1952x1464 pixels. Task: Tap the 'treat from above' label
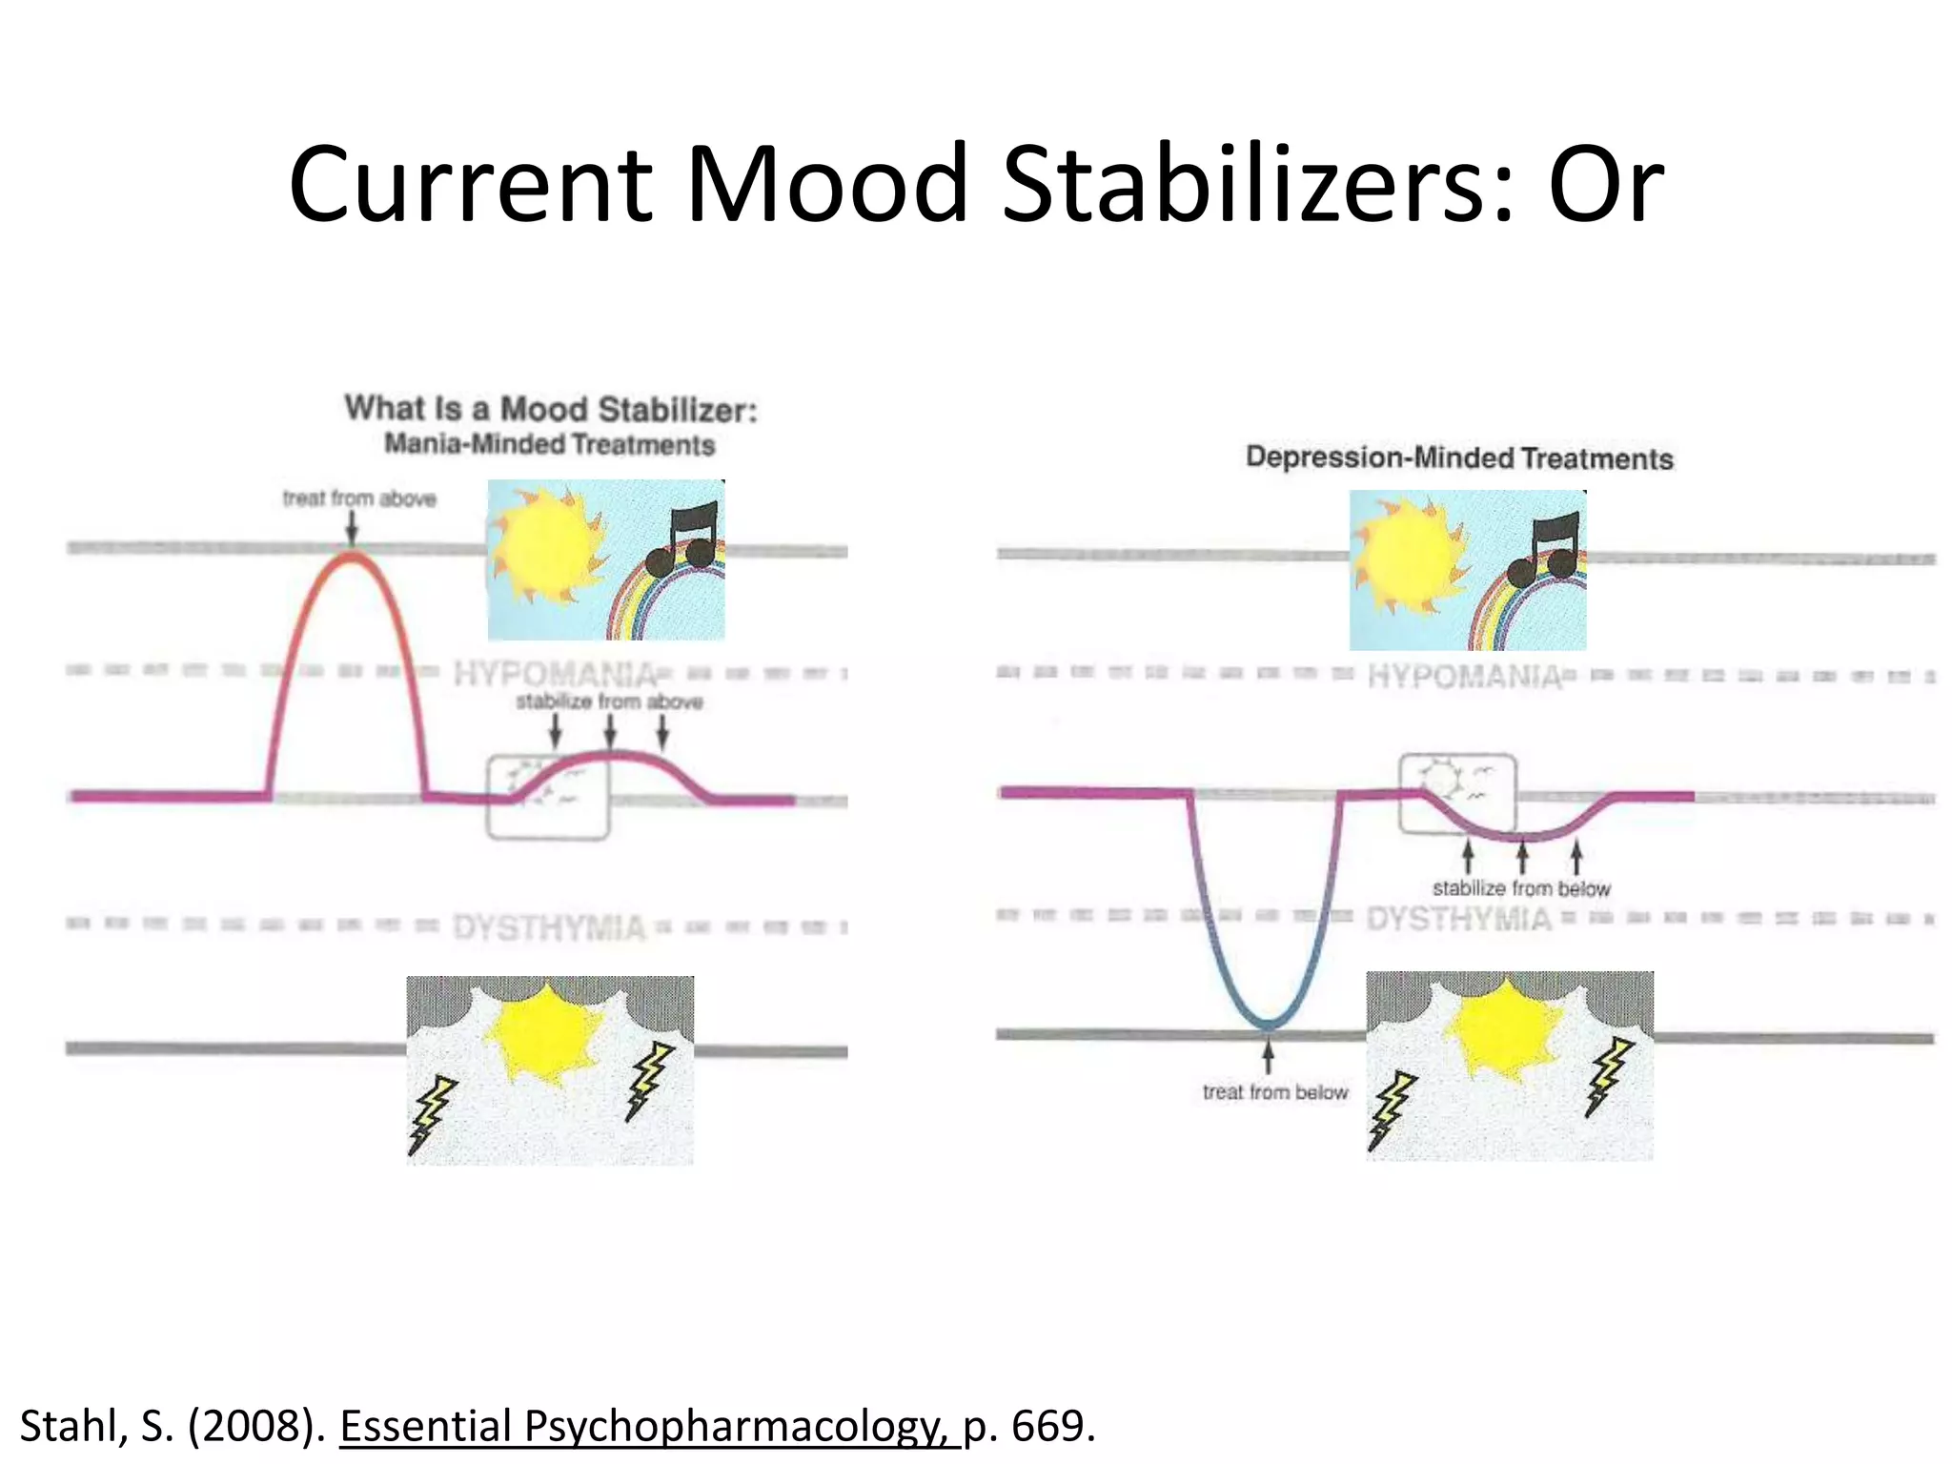[x=359, y=498]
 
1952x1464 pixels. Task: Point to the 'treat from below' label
[x=1274, y=1092]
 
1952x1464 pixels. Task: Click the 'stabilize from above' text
[x=609, y=702]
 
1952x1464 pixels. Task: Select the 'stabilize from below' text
[x=1521, y=888]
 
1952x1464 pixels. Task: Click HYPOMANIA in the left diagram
[x=555, y=675]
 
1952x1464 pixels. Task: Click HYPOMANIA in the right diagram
[x=1465, y=677]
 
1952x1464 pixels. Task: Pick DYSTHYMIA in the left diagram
[x=549, y=927]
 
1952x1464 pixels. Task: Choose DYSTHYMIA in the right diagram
[x=1458, y=920]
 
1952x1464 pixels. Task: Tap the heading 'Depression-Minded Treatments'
[x=1459, y=458]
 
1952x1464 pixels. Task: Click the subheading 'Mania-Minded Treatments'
[x=549, y=445]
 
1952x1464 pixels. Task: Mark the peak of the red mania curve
[x=352, y=557]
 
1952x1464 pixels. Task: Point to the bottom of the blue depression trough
[x=1268, y=1025]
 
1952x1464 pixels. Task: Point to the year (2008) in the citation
[x=256, y=1427]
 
